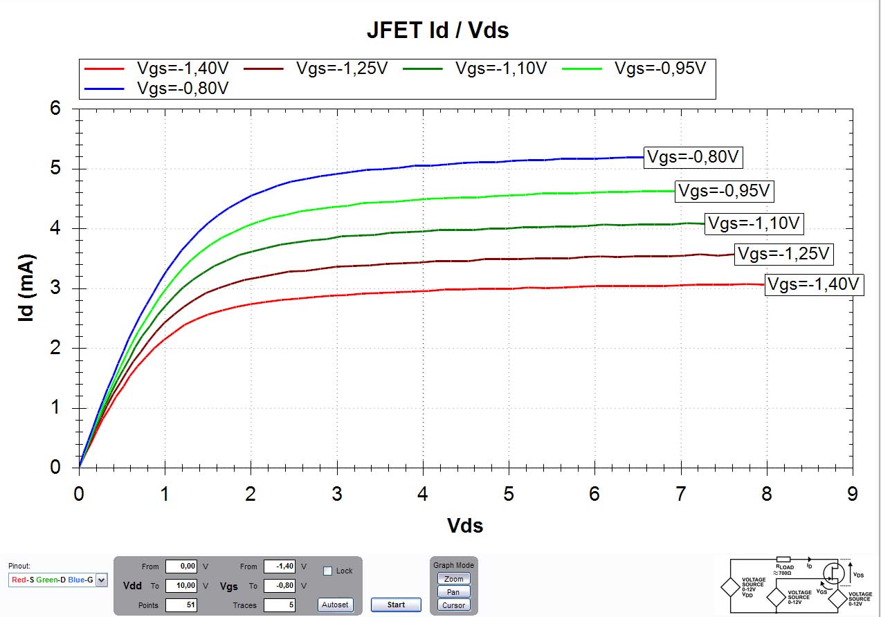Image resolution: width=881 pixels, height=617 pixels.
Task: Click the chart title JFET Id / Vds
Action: coord(437,30)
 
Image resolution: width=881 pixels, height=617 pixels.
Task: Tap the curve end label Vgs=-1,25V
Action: coord(783,254)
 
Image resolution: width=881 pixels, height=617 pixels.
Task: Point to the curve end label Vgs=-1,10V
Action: coord(754,223)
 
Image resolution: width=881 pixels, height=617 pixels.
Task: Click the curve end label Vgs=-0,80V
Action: coord(693,157)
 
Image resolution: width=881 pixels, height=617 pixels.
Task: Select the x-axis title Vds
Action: coord(464,526)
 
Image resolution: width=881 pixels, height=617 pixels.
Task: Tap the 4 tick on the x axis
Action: coord(423,494)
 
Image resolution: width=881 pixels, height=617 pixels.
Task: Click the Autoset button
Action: coord(335,605)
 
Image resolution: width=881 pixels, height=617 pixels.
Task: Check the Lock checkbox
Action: coord(328,571)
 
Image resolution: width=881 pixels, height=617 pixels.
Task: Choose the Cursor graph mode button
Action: coord(453,605)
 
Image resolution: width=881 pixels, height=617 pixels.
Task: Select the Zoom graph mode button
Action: coord(453,579)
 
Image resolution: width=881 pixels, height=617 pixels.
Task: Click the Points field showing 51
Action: coord(182,605)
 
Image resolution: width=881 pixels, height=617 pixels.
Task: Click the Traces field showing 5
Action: coord(280,605)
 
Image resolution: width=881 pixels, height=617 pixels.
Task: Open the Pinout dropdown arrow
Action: coord(102,580)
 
